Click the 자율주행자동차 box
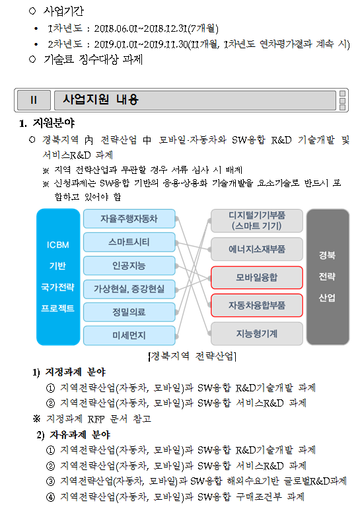pyautogui.click(x=129, y=219)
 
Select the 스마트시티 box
pyautogui.click(x=129, y=242)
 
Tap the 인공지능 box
pyautogui.click(x=129, y=266)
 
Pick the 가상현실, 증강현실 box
pyautogui.click(x=129, y=289)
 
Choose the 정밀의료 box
pyautogui.click(x=129, y=312)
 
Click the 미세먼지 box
pyautogui.click(x=129, y=336)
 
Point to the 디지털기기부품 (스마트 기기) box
pyautogui.click(x=257, y=221)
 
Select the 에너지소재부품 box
pyautogui.click(x=257, y=249)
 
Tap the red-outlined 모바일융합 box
pyautogui.click(x=257, y=278)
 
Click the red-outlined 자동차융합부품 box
pyautogui.click(x=257, y=305)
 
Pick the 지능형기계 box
pyautogui.click(x=257, y=334)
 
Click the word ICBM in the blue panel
pyautogui.click(x=58, y=245)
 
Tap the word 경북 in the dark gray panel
pyautogui.click(x=327, y=255)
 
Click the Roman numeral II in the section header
pyautogui.click(x=34, y=100)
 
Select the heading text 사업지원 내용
pyautogui.click(x=100, y=99)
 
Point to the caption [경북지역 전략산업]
pyautogui.click(x=192, y=356)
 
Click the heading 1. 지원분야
pyautogui.click(x=47, y=123)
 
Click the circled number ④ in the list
pyautogui.click(x=50, y=497)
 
